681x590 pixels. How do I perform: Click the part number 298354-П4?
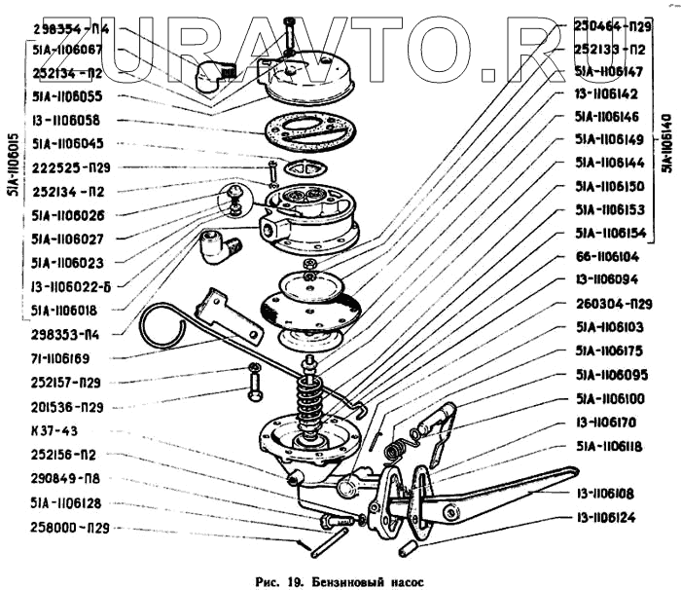[x=69, y=29]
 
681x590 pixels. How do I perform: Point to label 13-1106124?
[x=605, y=518]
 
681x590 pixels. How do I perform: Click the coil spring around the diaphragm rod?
[x=313, y=398]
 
